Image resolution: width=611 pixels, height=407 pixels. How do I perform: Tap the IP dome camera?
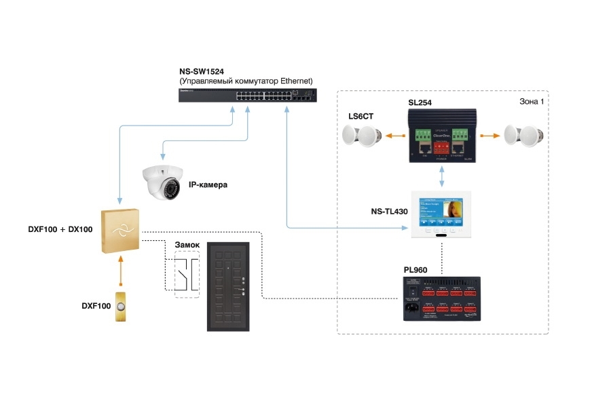(x=163, y=181)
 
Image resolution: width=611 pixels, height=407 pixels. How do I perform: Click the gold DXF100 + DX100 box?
(x=120, y=231)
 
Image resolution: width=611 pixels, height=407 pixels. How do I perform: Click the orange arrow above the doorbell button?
(x=121, y=268)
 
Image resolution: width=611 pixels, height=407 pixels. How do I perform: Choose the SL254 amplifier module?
(x=442, y=135)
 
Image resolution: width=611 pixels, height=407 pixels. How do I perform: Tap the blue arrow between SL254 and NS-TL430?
(x=442, y=176)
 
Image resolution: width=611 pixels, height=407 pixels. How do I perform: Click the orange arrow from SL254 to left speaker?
(x=392, y=136)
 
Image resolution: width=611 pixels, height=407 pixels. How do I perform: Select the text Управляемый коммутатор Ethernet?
(x=246, y=81)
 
